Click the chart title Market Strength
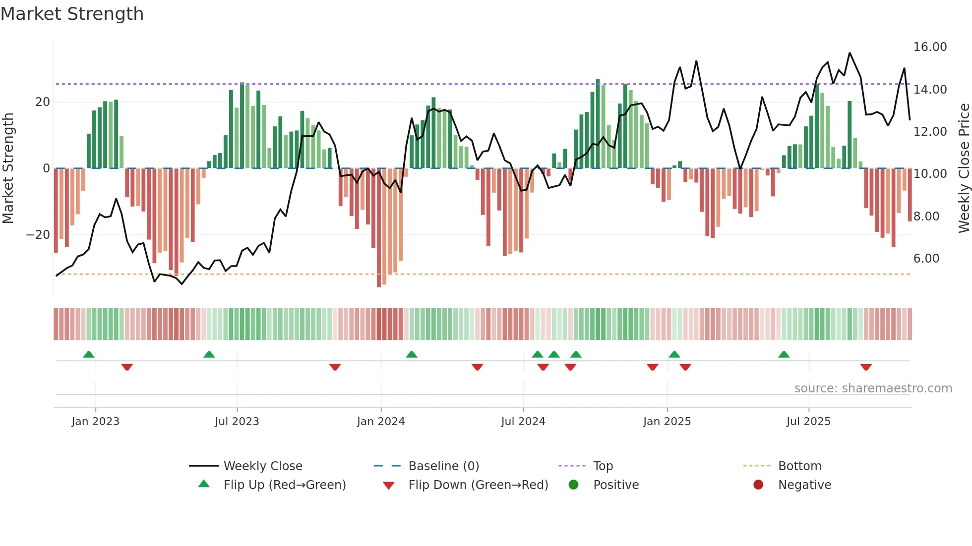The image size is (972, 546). pyautogui.click(x=72, y=14)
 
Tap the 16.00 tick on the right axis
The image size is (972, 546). pyautogui.click(x=930, y=47)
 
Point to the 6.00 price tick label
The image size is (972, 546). pyautogui.click(x=926, y=259)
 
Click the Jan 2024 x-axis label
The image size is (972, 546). pyautogui.click(x=381, y=422)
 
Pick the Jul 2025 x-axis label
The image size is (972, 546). pyautogui.click(x=808, y=422)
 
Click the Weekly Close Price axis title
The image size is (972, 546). pyautogui.click(x=964, y=168)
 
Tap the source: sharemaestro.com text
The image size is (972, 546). pyautogui.click(x=873, y=388)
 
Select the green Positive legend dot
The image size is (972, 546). pyautogui.click(x=574, y=485)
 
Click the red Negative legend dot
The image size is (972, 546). pyautogui.click(x=758, y=485)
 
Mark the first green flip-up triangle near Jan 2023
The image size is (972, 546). pyautogui.click(x=89, y=354)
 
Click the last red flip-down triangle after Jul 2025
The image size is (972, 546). pyautogui.click(x=866, y=367)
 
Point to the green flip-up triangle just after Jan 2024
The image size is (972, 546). pyautogui.click(x=412, y=354)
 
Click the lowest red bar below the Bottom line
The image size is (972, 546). pyautogui.click(x=379, y=280)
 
